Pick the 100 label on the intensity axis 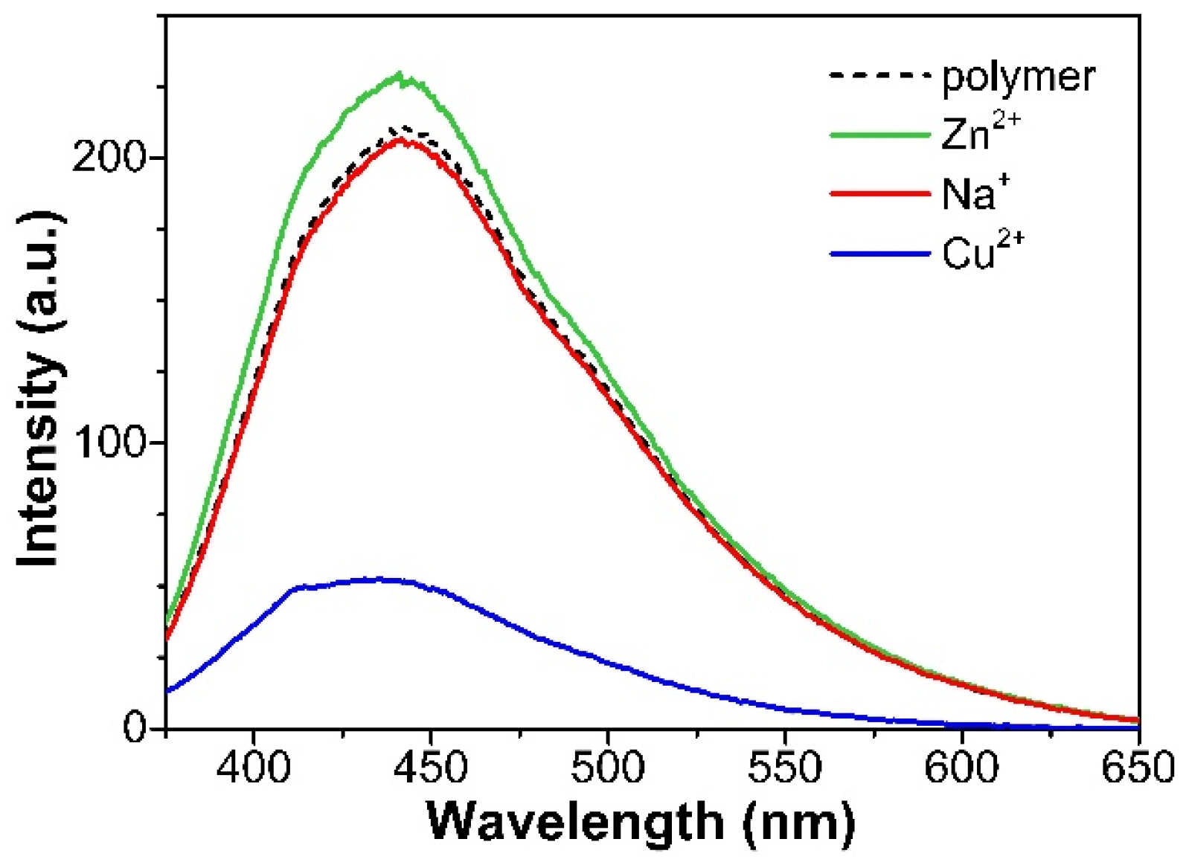(108, 443)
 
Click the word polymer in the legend (1018, 77)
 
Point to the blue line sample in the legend (880, 254)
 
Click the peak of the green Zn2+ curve (400, 75)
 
